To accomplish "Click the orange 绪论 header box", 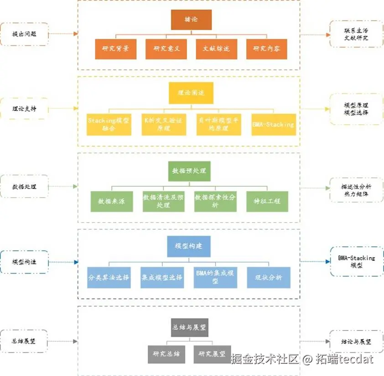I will [x=191, y=20].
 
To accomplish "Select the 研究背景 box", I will [x=116, y=49].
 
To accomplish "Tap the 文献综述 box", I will [x=217, y=49].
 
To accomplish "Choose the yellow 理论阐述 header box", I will [x=191, y=93].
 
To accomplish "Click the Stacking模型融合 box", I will [x=109, y=124].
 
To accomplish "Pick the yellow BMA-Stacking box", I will [x=274, y=124].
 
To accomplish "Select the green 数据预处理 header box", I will [x=189, y=171].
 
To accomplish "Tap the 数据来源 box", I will [x=111, y=201].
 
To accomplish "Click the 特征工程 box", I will [x=267, y=201].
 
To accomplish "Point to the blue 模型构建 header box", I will [x=189, y=246].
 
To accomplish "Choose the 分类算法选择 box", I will [x=109, y=277].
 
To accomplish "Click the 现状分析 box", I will [x=269, y=277].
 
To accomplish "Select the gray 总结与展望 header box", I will [x=189, y=327].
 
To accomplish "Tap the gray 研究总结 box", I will [x=166, y=354].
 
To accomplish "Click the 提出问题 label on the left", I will [x=24, y=34].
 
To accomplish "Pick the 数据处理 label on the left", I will [x=24, y=187].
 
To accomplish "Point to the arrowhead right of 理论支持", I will [x=75, y=109].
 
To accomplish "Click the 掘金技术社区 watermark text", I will [x=265, y=360].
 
